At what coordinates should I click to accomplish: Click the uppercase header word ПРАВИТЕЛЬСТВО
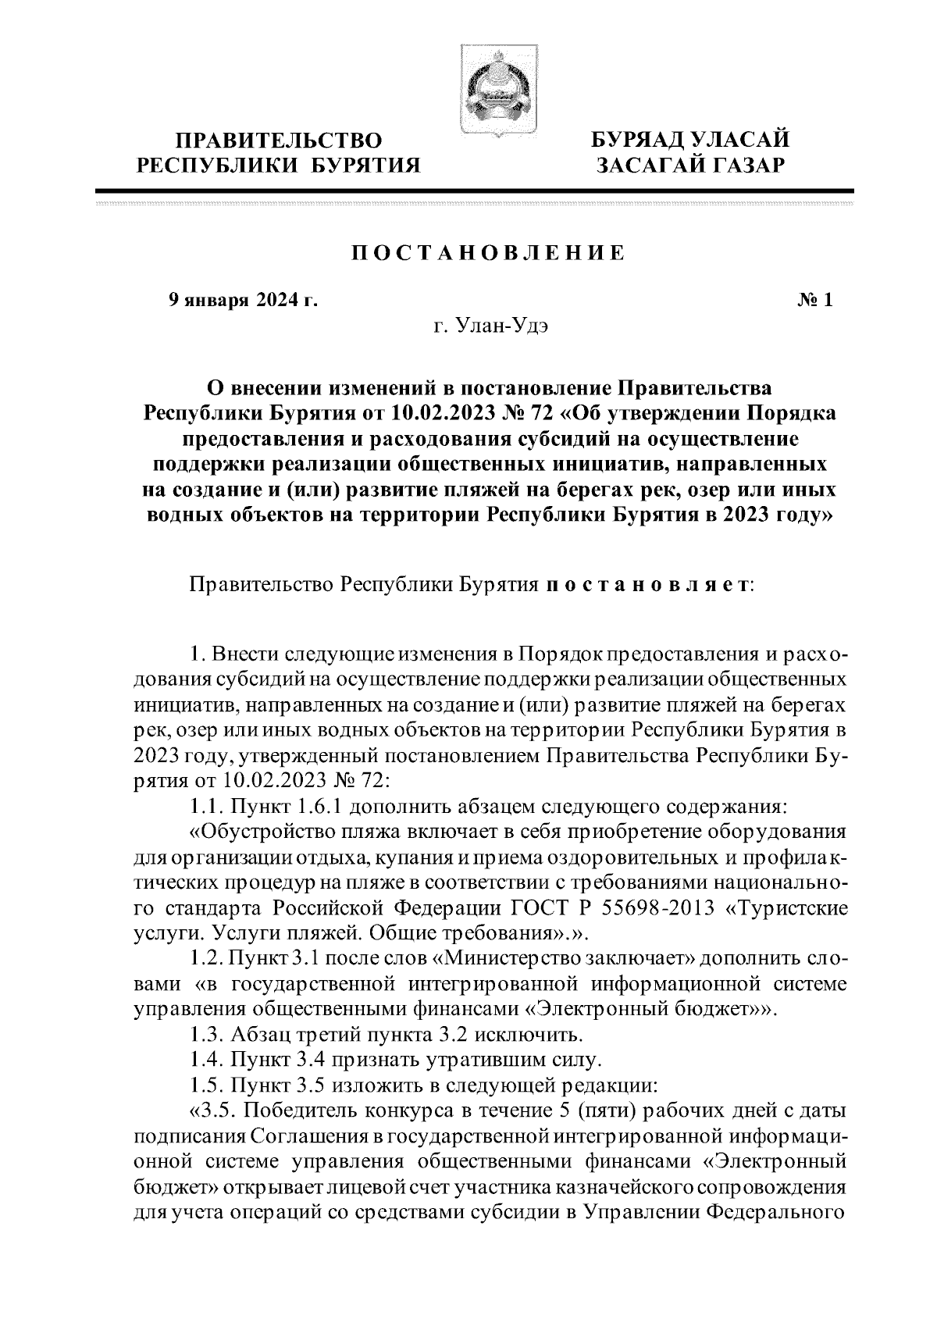click(280, 141)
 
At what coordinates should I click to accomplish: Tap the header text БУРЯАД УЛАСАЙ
click(689, 140)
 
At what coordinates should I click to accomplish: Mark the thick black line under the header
click(474, 191)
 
